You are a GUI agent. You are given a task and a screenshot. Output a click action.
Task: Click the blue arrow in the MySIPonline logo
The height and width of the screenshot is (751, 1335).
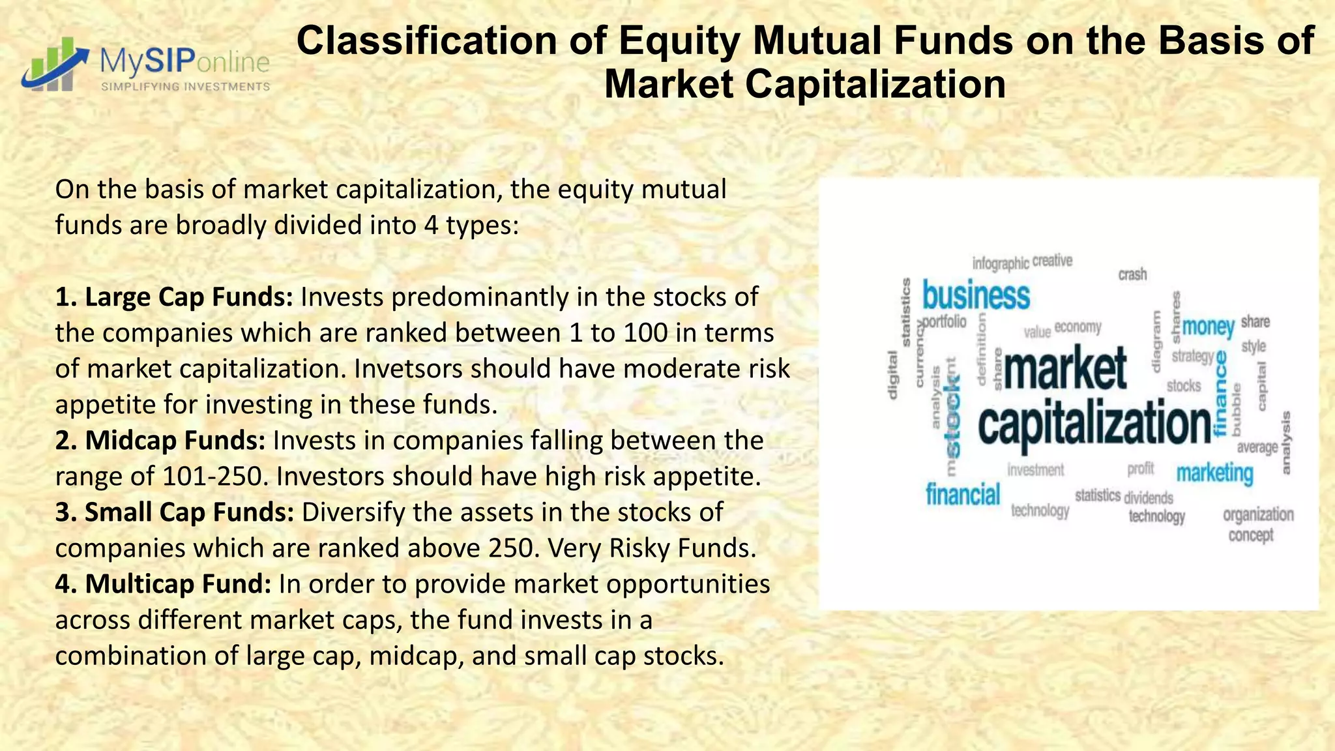55,65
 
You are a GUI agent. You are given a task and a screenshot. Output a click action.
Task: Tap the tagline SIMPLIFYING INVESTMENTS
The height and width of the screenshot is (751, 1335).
185,87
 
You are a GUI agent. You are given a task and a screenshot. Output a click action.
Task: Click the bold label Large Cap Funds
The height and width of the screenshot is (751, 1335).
174,297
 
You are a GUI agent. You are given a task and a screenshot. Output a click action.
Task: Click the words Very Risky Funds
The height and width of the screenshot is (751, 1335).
652,548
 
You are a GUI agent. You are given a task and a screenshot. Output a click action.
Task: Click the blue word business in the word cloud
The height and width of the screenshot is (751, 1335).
976,297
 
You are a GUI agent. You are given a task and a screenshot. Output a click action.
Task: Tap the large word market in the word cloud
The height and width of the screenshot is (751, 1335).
1065,369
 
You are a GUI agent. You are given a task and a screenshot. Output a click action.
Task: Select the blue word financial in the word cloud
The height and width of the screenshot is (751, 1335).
963,494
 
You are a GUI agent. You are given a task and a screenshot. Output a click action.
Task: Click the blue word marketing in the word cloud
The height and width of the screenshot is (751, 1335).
1214,473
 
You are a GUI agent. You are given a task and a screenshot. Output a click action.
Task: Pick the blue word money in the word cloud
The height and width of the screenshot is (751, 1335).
1208,327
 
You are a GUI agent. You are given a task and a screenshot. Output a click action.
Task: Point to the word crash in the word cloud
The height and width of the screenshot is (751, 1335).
1132,274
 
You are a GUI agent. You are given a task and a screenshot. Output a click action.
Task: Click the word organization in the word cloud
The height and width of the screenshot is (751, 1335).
1258,514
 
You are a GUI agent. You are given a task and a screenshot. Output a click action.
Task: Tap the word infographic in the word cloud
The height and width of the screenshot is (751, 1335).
1000,263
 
